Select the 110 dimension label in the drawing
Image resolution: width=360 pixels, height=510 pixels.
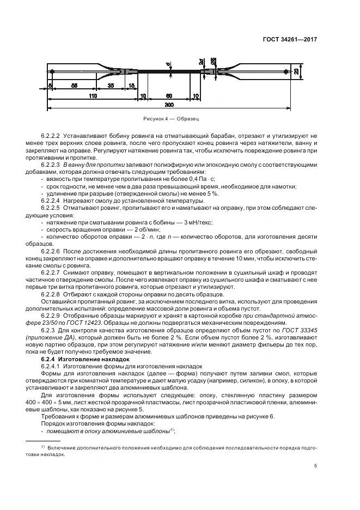(x=92, y=95)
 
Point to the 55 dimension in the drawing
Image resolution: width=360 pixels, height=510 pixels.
(x=74, y=86)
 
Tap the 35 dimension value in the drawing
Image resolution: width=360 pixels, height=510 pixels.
(x=111, y=86)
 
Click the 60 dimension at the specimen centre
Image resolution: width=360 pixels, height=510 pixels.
(x=169, y=95)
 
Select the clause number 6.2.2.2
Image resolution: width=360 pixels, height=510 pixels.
(x=51, y=133)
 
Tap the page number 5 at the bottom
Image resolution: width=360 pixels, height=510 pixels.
(x=316, y=466)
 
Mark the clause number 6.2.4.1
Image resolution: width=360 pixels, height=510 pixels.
(x=51, y=367)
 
